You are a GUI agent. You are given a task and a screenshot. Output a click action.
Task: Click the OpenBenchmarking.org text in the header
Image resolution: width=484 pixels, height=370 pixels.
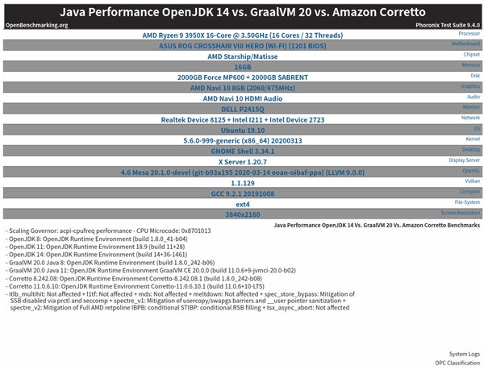point(37,25)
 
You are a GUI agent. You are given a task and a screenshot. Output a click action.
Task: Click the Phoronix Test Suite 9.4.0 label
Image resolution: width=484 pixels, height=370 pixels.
point(440,25)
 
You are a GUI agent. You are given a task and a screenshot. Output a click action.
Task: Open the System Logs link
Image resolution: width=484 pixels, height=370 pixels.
point(465,353)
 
